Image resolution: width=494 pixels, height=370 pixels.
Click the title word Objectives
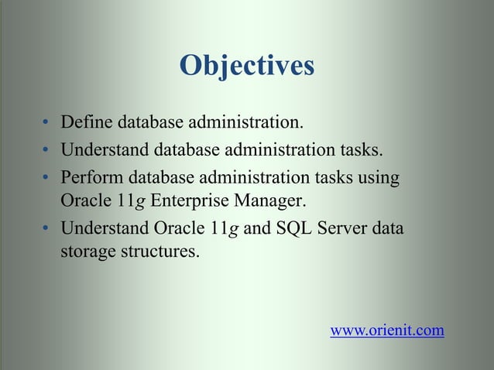point(246,67)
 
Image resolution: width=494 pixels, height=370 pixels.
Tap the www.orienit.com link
point(387,331)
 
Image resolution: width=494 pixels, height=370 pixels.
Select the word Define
point(84,122)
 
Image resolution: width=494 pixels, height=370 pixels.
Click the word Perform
point(90,177)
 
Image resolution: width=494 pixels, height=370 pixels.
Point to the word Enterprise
point(186,203)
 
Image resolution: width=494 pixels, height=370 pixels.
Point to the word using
point(381,177)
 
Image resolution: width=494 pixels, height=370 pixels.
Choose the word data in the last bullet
point(388,230)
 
